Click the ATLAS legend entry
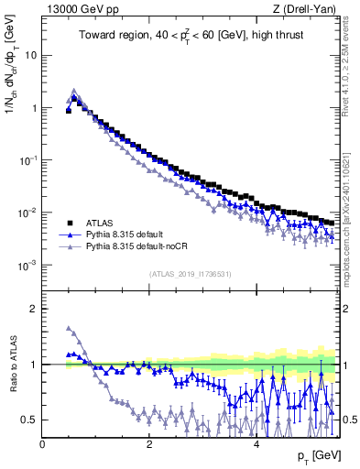coord(98,222)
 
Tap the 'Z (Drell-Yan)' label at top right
coord(307,10)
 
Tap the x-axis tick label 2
coord(148,444)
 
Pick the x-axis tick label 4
coord(256,444)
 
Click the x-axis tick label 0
coord(42,444)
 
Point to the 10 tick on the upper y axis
coord(29,55)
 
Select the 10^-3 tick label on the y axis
coord(26,266)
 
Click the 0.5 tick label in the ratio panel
coord(29,420)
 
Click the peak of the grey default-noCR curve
coord(74,90)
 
